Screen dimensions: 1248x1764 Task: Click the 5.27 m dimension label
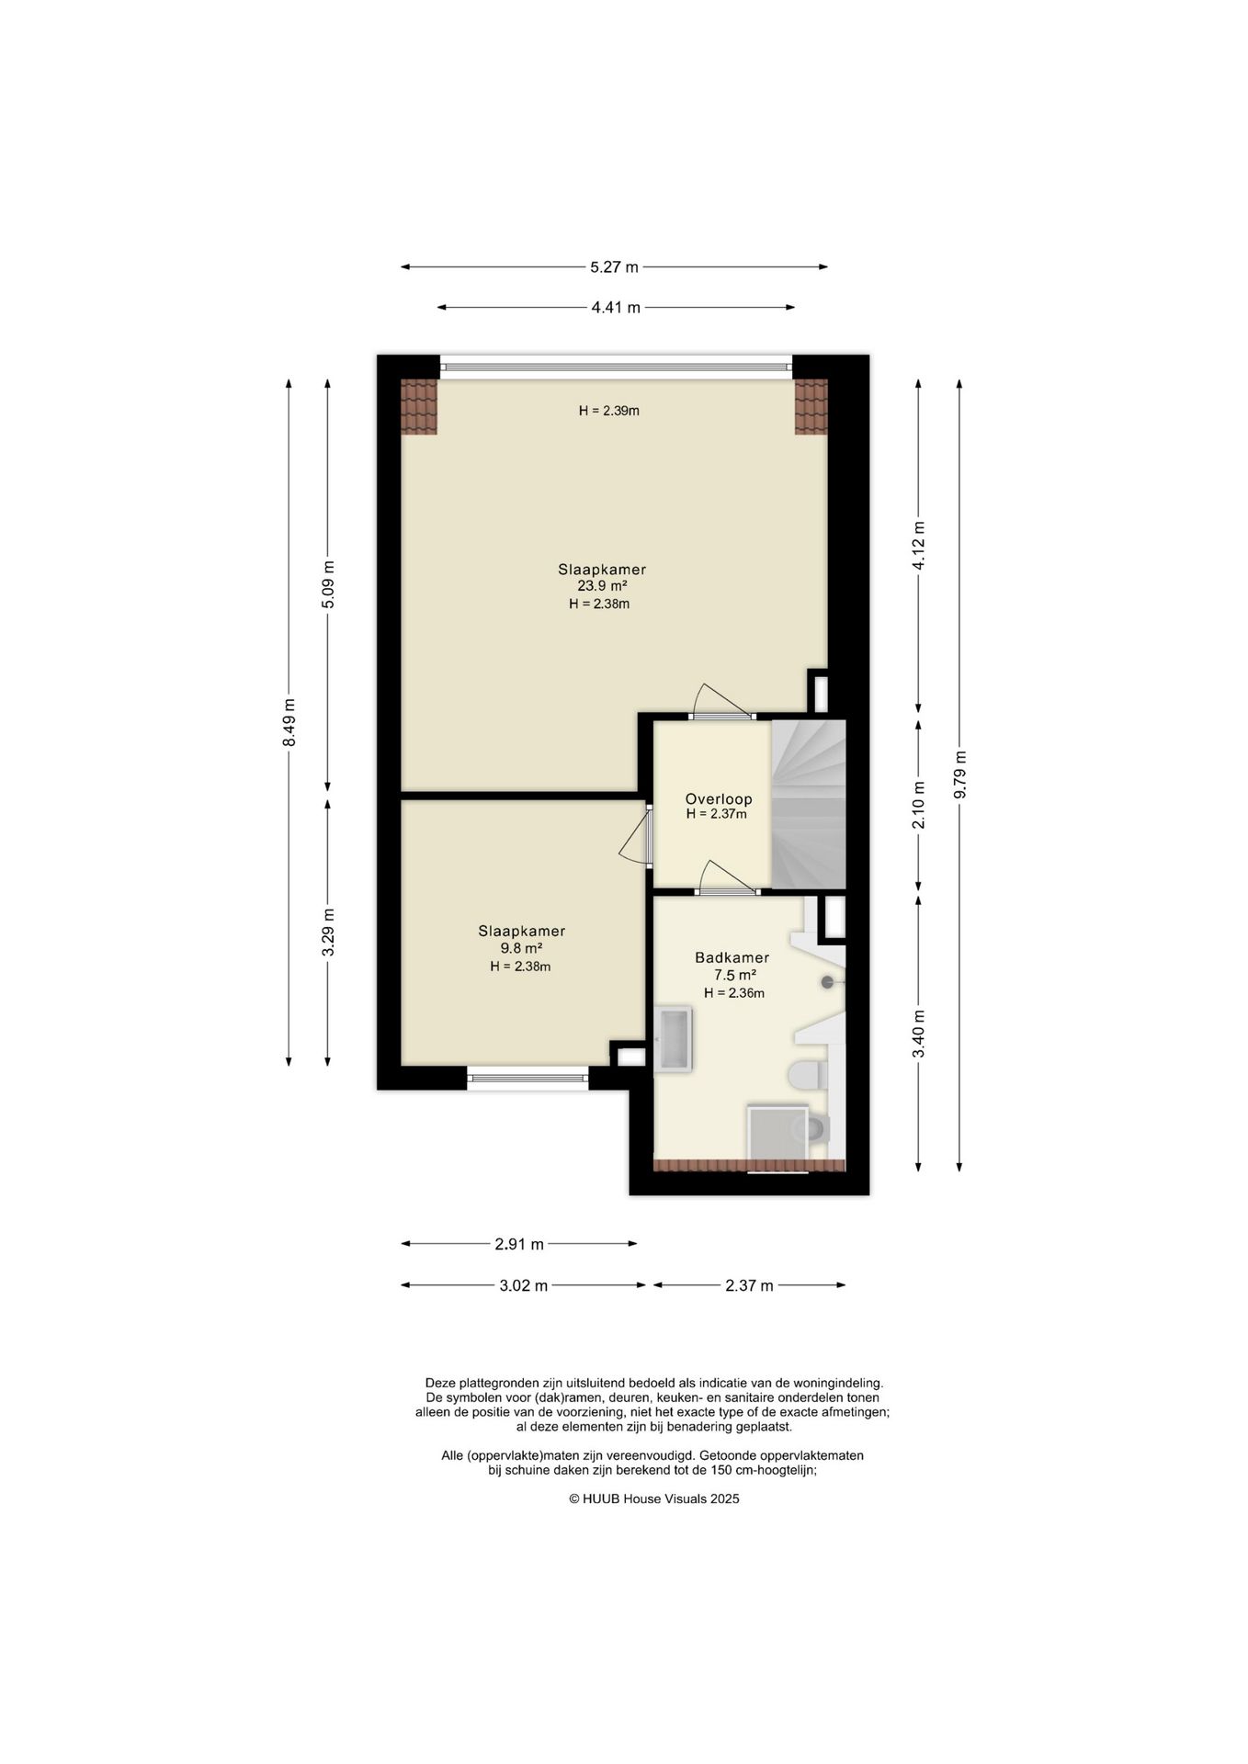pyautogui.click(x=614, y=267)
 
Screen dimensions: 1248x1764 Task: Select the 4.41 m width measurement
pyautogui.click(x=616, y=308)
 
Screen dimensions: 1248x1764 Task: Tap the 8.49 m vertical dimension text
pyautogui.click(x=289, y=722)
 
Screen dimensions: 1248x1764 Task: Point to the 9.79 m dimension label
pyautogui.click(x=960, y=775)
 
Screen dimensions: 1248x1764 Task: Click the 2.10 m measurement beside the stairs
pyautogui.click(x=919, y=805)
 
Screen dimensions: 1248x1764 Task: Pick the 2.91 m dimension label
pyautogui.click(x=519, y=1245)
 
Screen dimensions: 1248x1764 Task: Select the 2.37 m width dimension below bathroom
pyautogui.click(x=749, y=1286)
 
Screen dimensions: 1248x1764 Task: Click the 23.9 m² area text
pyautogui.click(x=602, y=586)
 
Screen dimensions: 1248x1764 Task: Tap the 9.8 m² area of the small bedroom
pyautogui.click(x=521, y=948)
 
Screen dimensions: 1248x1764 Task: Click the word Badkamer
pyautogui.click(x=732, y=957)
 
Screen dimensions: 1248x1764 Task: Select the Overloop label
pyautogui.click(x=719, y=799)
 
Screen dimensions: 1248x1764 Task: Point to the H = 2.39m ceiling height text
pyautogui.click(x=609, y=411)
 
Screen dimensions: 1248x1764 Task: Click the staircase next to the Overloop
pyautogui.click(x=808, y=805)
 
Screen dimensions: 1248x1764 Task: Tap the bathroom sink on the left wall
pyautogui.click(x=674, y=1040)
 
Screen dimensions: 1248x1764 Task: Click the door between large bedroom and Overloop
pyautogui.click(x=721, y=702)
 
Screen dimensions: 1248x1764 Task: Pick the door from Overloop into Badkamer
pyautogui.click(x=729, y=878)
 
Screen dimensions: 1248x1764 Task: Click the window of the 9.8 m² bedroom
pyautogui.click(x=528, y=1079)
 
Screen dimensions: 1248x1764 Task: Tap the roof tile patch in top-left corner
pyautogui.click(x=419, y=407)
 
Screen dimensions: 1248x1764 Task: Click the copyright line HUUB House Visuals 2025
pyautogui.click(x=653, y=1498)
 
